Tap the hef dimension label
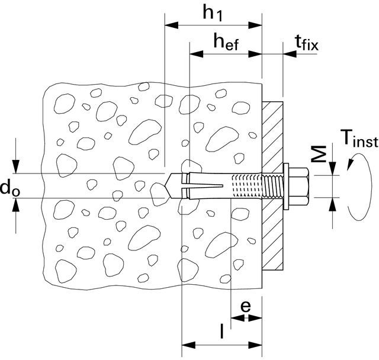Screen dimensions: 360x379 [x=227, y=42]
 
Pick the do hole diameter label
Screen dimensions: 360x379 [x=9, y=188]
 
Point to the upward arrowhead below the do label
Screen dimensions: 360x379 [x=18, y=204]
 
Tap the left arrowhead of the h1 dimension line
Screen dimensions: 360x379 [x=169, y=25]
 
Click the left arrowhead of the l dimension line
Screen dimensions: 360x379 [x=186, y=344]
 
